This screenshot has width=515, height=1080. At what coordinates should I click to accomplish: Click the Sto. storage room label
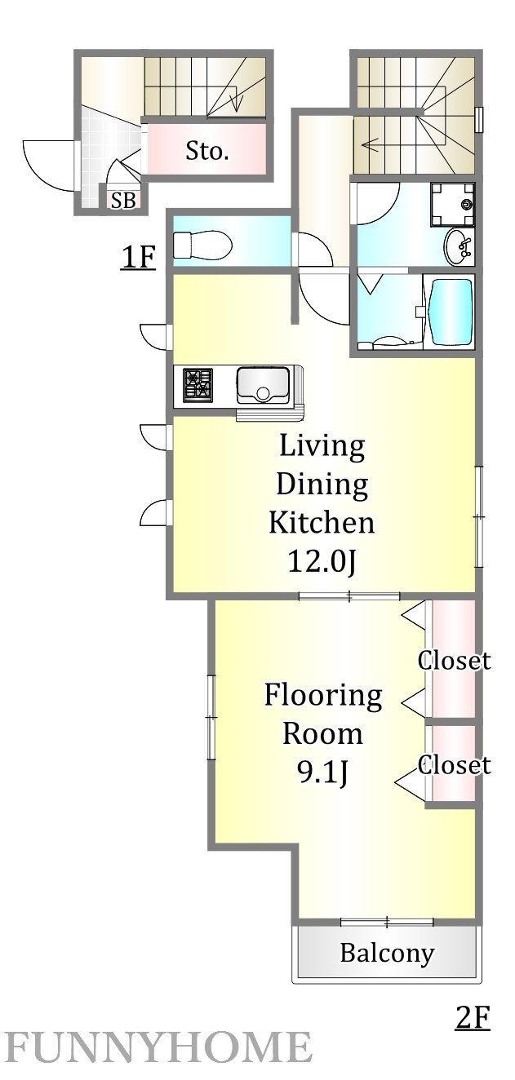pyautogui.click(x=206, y=152)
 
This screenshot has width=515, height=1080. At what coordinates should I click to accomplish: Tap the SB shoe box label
pyautogui.click(x=123, y=200)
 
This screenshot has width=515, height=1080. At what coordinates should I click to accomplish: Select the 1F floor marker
pyautogui.click(x=138, y=257)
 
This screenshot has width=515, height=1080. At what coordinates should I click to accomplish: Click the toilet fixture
pyautogui.click(x=202, y=243)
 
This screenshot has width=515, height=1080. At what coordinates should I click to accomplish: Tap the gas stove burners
pyautogui.click(x=198, y=384)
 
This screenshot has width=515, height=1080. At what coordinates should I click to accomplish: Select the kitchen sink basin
pyautogui.click(x=263, y=385)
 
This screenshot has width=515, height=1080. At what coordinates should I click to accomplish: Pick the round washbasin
pyautogui.click(x=459, y=246)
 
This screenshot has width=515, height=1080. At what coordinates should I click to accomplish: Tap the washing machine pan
pyautogui.click(x=452, y=204)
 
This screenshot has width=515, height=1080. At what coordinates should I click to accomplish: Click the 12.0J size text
pyautogui.click(x=322, y=561)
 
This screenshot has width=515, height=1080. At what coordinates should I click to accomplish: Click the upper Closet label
pyautogui.click(x=455, y=660)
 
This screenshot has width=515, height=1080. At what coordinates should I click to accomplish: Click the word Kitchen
pyautogui.click(x=322, y=522)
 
